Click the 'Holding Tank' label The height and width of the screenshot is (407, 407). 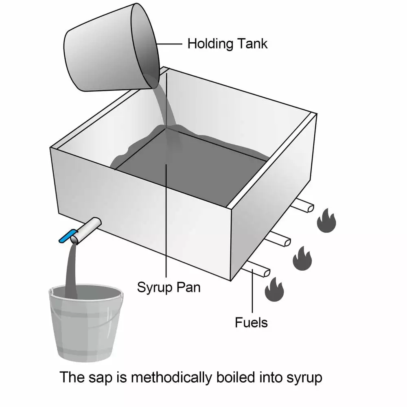(227, 44)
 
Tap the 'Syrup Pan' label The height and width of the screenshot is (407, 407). (168, 287)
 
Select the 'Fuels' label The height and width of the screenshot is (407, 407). (251, 322)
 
